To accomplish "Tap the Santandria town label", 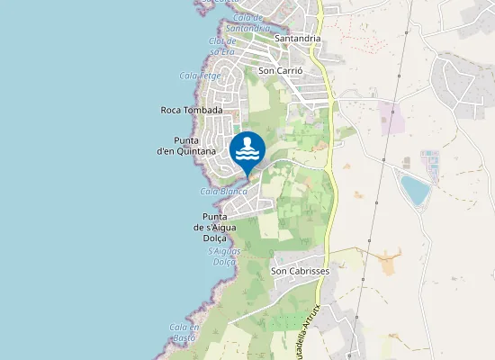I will click(x=297, y=39).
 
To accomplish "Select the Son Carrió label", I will click(x=278, y=69).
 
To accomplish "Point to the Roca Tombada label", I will click(x=191, y=110).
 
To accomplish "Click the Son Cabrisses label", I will click(x=301, y=270).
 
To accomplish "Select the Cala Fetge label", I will click(x=200, y=76).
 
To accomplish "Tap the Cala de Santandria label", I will click(x=247, y=22).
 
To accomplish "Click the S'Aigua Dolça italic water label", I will click(x=203, y=256).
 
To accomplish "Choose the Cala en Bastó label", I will click(x=183, y=333).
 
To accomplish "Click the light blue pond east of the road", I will click(x=415, y=190).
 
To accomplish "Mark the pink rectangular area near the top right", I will click(x=391, y=118).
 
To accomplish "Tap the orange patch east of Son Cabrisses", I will click(x=390, y=265).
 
